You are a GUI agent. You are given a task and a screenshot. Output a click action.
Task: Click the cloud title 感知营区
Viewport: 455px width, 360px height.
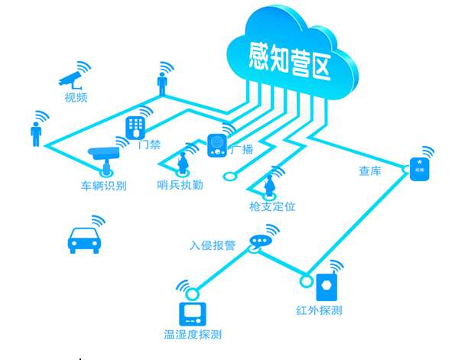coord(290,60)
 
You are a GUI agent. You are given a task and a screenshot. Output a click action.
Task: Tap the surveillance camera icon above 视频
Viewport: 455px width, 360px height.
coord(71,79)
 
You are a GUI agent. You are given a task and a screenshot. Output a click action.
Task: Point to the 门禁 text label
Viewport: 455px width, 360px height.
coord(148,144)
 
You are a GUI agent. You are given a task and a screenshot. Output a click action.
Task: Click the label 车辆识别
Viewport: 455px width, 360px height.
coord(104,185)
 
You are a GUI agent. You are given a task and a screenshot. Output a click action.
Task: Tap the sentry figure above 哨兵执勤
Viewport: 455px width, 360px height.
coord(183,162)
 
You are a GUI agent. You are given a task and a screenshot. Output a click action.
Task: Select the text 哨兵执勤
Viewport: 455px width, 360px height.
coord(180,185)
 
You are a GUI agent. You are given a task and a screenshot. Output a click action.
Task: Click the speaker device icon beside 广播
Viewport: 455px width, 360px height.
coord(217,145)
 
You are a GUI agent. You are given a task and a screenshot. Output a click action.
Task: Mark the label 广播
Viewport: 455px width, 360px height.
coord(241,149)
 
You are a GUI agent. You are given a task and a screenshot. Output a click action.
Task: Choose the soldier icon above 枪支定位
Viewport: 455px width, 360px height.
coord(269,184)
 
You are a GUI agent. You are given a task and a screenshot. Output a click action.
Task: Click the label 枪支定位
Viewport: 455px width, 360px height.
coord(272,206)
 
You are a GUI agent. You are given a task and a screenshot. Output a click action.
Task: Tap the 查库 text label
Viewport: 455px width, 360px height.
coord(370,170)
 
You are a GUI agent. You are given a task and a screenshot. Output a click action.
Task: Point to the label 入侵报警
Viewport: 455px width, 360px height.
coord(213,246)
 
